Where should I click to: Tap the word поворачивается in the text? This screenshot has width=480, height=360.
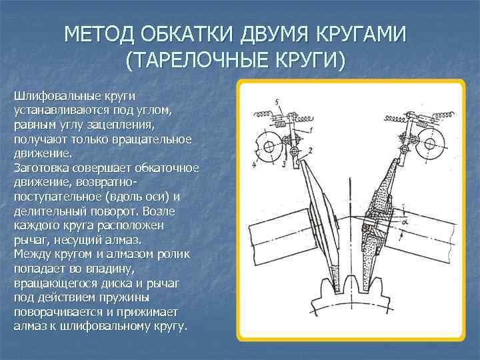pyautogui.click(x=61, y=313)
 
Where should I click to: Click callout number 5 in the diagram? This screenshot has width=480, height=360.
pyautogui.click(x=277, y=102)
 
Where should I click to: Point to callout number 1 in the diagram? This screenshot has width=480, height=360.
pyautogui.click(x=310, y=129)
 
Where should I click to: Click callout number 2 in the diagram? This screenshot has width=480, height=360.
pyautogui.click(x=309, y=152)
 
